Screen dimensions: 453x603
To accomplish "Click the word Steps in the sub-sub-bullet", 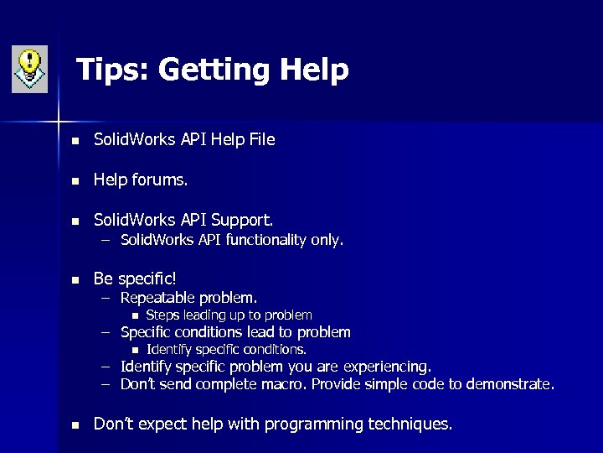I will (x=162, y=315).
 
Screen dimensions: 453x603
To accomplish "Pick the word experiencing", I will (x=388, y=367).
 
